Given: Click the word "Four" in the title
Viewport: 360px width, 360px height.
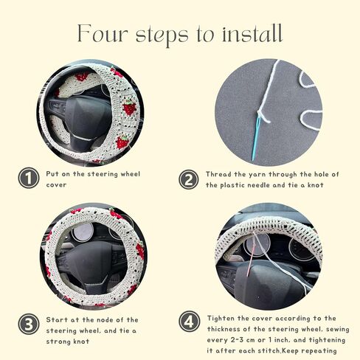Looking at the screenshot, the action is [103, 33].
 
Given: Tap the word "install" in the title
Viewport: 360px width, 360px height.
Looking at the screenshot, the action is [252, 33].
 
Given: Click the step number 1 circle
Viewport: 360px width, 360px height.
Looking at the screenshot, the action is [29, 178].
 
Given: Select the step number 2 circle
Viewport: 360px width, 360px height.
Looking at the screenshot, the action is [189, 179].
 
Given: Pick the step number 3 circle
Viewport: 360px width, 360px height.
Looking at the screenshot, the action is [29, 324].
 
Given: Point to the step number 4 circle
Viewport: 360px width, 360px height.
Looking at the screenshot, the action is [189, 322].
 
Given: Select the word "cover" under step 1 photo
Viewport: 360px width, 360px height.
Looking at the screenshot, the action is [56, 185].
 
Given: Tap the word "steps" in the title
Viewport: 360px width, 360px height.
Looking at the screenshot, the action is [162, 35].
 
